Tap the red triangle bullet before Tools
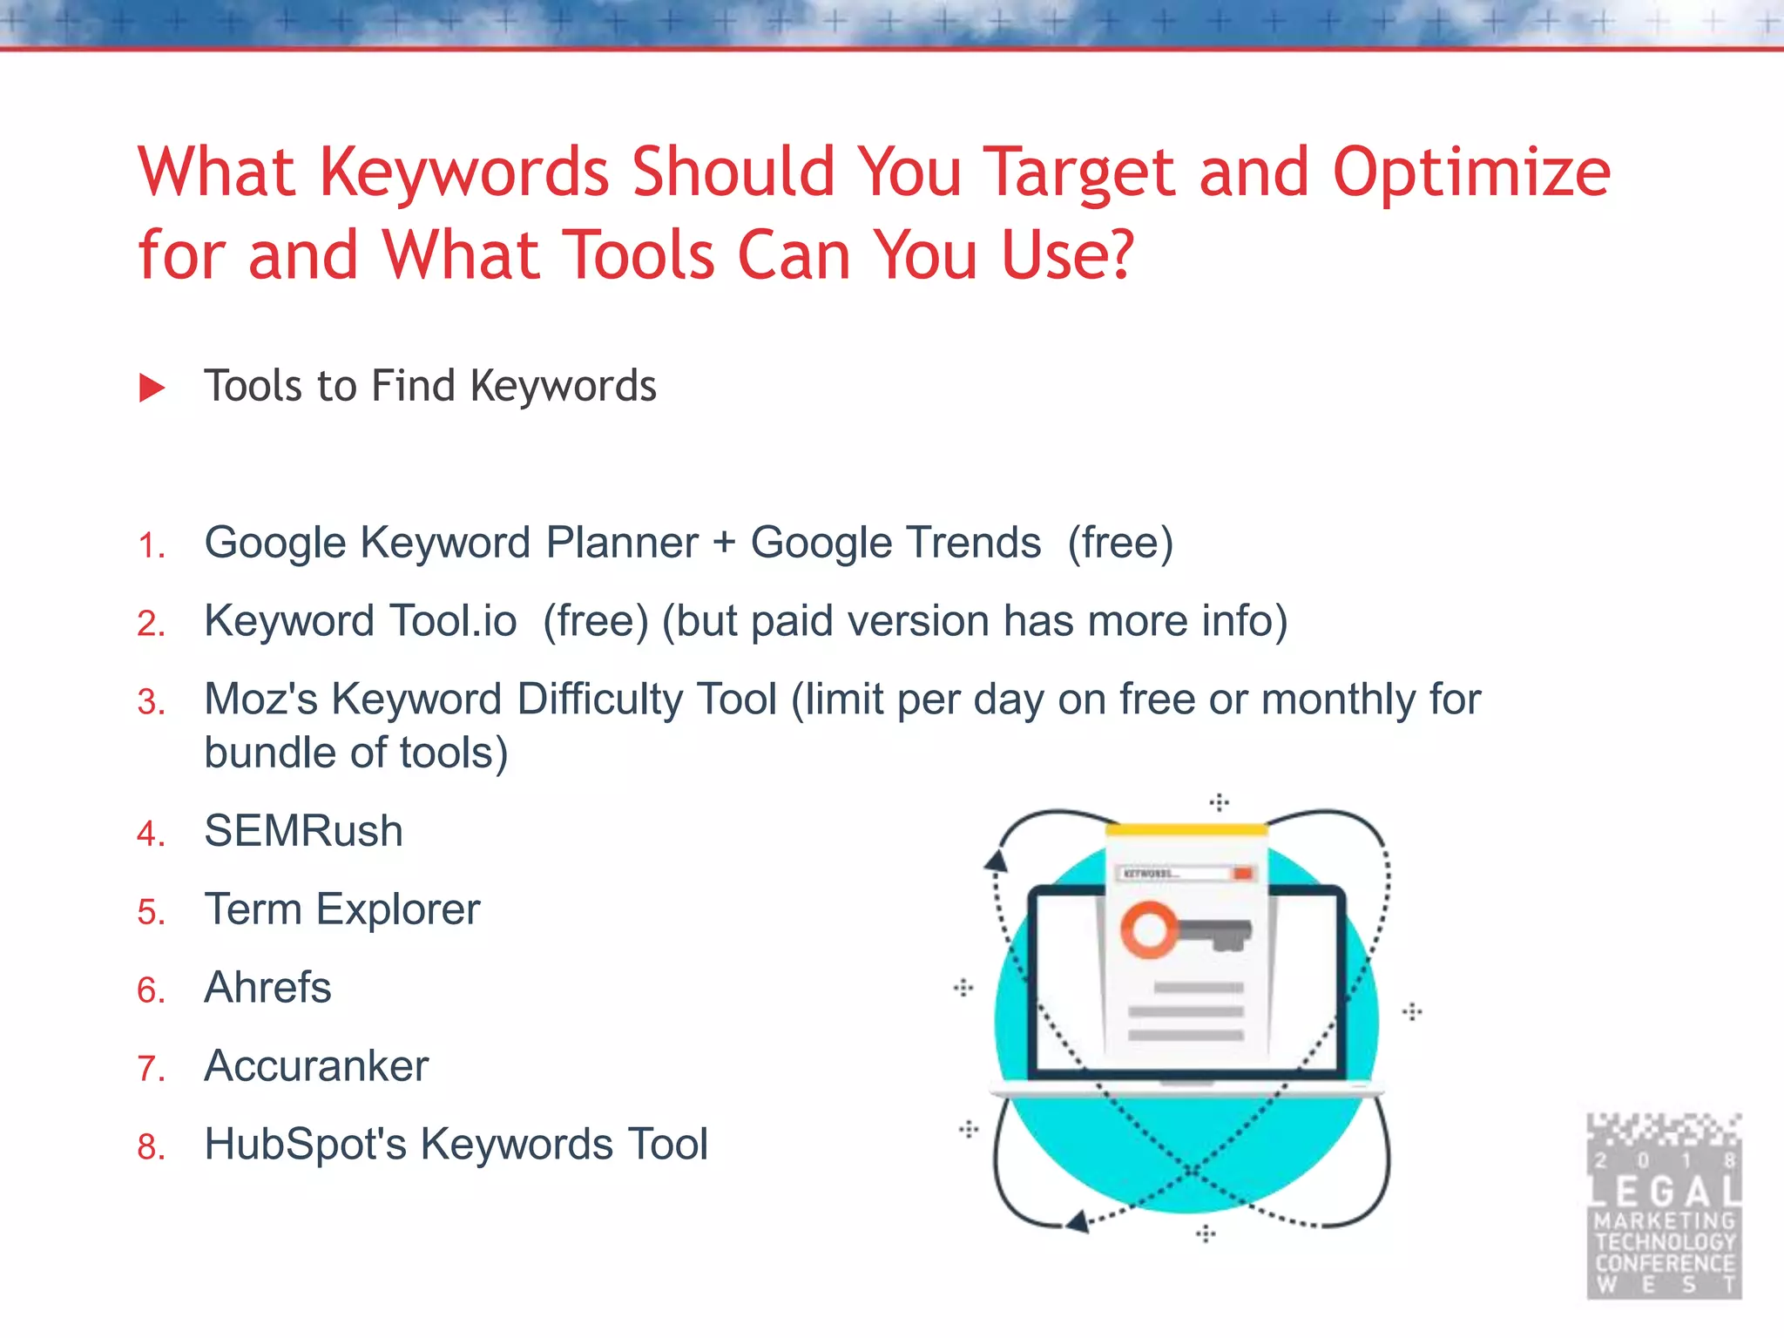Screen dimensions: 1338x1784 click(x=152, y=388)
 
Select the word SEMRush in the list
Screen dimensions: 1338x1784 click(x=303, y=830)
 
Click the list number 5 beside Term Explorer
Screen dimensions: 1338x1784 click(x=150, y=912)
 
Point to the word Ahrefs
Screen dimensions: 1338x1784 click(x=267, y=987)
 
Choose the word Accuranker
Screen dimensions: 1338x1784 click(x=316, y=1065)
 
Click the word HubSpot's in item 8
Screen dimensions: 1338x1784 click(x=305, y=1145)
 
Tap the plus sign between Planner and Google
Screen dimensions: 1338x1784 click(x=724, y=544)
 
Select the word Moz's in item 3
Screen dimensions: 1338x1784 click(x=260, y=699)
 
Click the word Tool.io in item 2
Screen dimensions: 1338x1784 click(x=453, y=621)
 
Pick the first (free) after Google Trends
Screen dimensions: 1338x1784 click(x=1120, y=544)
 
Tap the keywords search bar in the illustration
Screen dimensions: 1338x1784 click(x=1185, y=873)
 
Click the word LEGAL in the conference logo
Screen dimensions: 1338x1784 click(x=1664, y=1192)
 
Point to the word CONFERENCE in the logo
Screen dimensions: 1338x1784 click(x=1664, y=1263)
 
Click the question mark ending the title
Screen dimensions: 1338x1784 click(x=1119, y=255)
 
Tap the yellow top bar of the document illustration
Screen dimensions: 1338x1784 click(x=1186, y=829)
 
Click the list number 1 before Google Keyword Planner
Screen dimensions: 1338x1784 click(x=150, y=546)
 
